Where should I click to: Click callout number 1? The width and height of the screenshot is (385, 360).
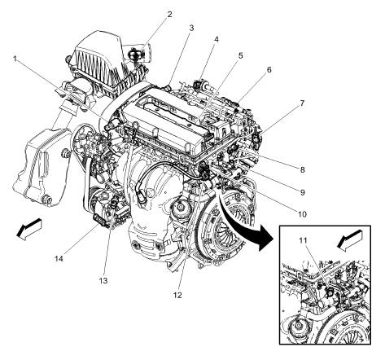15,59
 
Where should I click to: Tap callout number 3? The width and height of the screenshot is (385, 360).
190,28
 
